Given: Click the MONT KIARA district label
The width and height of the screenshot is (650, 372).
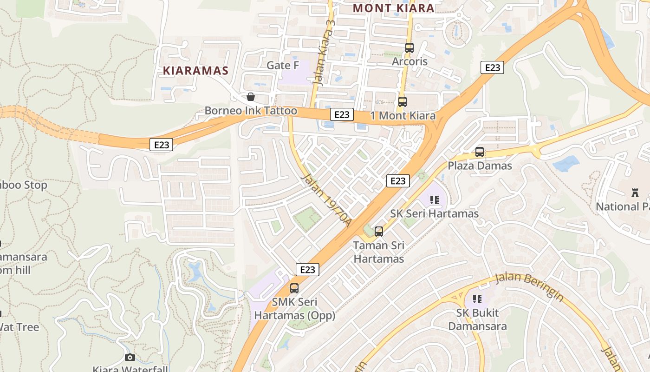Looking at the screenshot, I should [393, 8].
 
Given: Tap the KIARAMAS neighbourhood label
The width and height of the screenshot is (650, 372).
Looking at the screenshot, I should [195, 71].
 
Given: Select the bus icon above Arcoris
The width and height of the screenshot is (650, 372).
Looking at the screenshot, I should [409, 47].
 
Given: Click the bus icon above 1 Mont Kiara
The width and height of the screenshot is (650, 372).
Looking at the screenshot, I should [402, 101].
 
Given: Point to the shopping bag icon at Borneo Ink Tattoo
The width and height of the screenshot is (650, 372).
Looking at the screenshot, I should [251, 97].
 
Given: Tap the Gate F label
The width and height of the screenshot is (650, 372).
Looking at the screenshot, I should [283, 66].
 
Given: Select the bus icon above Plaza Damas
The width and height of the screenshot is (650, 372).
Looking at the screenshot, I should [480, 152].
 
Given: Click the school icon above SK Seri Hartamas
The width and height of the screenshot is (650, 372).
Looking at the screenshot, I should [435, 200].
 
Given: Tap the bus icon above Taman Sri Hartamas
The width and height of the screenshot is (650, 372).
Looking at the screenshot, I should [379, 231].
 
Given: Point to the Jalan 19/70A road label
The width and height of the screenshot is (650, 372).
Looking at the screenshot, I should [326, 201].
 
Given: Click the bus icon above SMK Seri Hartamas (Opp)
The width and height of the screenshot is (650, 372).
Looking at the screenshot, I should [294, 288].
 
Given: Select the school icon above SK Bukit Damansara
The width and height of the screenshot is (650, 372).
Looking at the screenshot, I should [477, 299].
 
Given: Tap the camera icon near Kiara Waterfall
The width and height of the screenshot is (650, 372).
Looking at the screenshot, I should [130, 357].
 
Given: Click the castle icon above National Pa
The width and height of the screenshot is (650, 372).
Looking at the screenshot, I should [635, 193].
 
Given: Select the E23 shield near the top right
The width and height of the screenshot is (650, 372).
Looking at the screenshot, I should [492, 68].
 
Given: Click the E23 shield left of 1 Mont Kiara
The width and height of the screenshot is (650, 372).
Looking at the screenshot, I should [342, 114].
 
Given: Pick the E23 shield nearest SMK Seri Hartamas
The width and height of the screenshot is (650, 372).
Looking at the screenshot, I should [307, 270].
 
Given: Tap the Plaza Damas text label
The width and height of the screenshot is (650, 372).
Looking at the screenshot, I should [480, 166].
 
